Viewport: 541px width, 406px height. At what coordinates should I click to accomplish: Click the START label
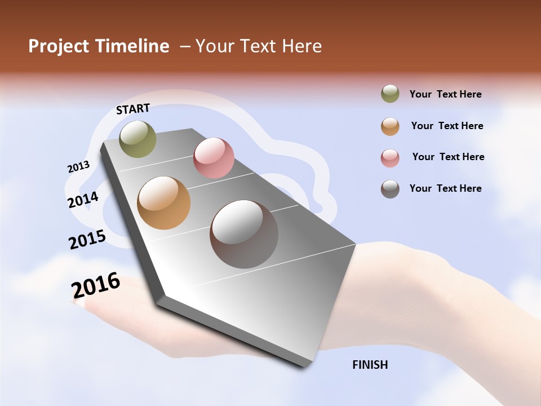[x=133, y=109]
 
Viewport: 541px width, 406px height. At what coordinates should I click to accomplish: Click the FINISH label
[x=370, y=365]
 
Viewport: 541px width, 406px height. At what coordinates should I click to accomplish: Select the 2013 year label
[x=78, y=167]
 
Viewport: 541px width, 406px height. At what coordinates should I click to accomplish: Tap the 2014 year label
[x=83, y=200]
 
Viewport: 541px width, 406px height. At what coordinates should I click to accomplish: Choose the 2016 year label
[x=96, y=285]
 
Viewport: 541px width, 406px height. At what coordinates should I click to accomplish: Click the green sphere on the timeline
[x=138, y=139]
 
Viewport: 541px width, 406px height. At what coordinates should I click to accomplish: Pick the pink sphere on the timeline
[x=214, y=158]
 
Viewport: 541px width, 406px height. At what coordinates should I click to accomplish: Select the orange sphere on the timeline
[x=164, y=203]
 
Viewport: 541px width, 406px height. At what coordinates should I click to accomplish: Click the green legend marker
[x=390, y=94]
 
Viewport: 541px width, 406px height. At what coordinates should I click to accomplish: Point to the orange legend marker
[x=390, y=126]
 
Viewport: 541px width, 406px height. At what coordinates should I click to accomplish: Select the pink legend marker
[x=390, y=158]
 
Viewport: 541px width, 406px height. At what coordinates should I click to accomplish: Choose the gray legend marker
[x=390, y=189]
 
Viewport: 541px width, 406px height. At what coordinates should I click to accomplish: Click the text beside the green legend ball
[x=445, y=95]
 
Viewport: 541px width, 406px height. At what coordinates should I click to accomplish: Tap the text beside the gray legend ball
[x=445, y=188]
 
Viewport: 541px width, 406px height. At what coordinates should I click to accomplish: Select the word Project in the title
[x=59, y=46]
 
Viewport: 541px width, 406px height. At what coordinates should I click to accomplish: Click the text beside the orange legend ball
[x=447, y=126]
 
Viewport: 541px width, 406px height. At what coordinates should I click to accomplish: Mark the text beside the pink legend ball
[x=448, y=157]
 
